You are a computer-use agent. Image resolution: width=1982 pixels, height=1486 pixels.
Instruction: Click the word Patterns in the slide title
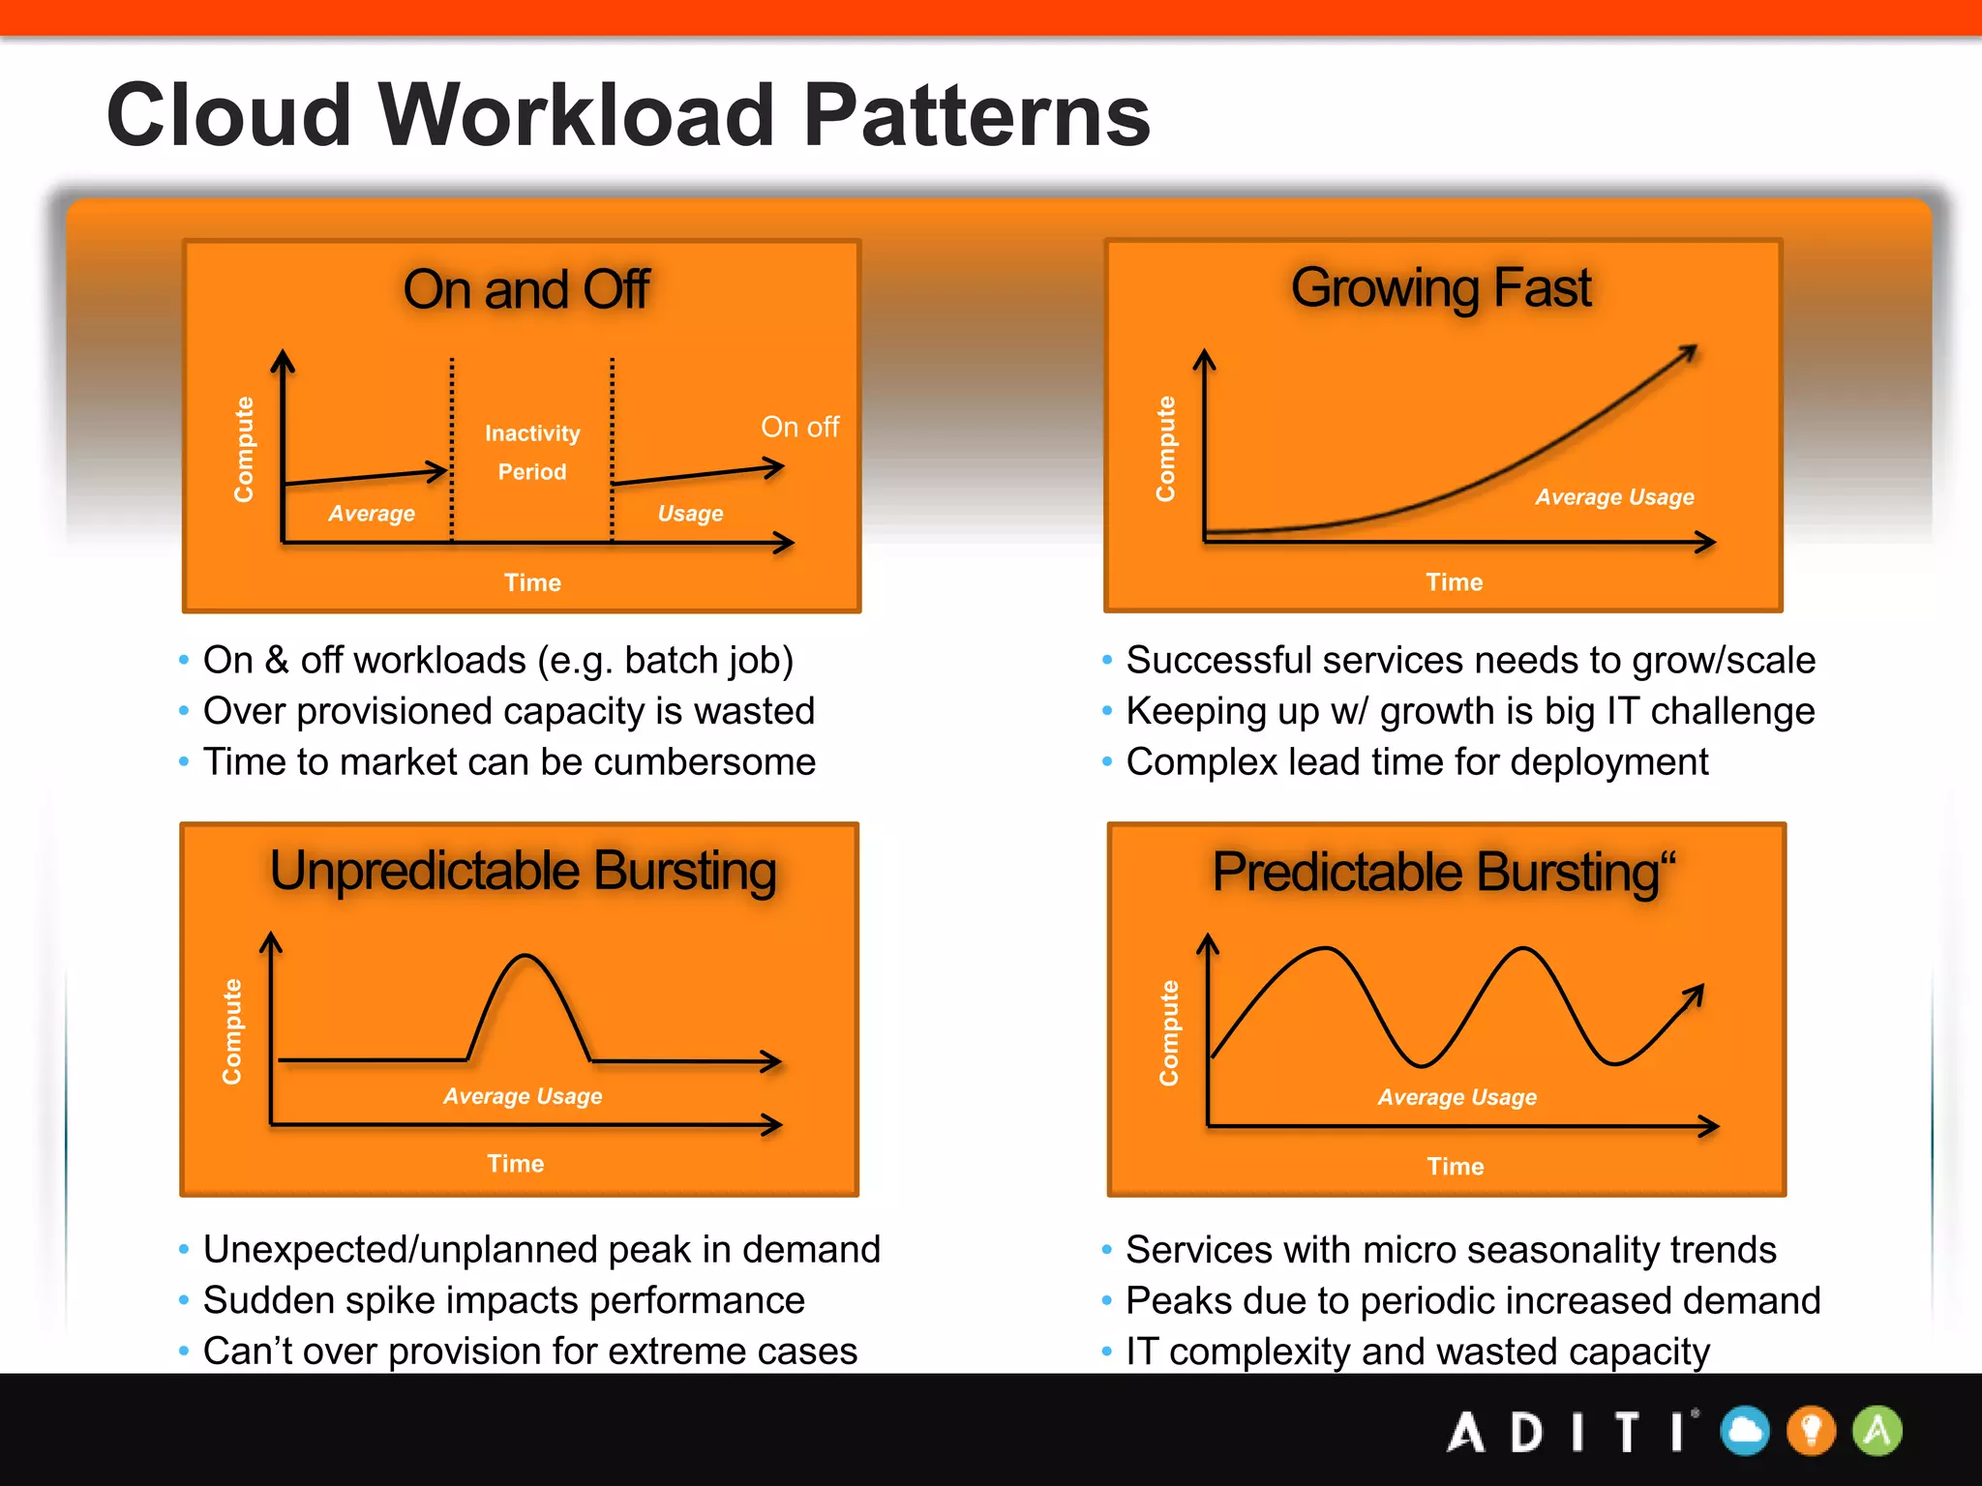click(x=976, y=116)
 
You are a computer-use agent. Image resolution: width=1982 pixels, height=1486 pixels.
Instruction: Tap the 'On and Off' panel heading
click(x=526, y=289)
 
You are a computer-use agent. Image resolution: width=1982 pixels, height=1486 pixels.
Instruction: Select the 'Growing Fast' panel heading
click(x=1441, y=287)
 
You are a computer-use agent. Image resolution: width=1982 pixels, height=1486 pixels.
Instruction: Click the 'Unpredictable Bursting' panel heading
click(x=523, y=871)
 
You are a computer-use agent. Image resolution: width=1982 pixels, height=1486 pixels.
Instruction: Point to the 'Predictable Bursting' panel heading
click(x=1443, y=873)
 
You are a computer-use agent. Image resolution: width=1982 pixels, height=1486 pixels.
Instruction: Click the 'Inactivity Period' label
click(x=532, y=452)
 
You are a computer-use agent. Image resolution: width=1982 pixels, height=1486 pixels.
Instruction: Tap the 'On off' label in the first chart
click(x=799, y=427)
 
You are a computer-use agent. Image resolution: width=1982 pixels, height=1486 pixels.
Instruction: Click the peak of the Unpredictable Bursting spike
click(x=526, y=957)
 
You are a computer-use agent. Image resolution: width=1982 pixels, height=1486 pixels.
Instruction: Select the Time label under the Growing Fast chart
click(x=1454, y=582)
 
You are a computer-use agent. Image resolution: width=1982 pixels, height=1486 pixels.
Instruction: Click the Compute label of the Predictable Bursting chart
click(x=1169, y=1032)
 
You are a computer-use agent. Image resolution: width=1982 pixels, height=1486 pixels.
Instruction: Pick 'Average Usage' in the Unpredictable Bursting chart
click(x=523, y=1096)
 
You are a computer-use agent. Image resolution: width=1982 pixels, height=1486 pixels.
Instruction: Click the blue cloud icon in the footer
click(x=1745, y=1431)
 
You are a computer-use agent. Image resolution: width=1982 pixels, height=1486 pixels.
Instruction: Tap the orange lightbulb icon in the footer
click(x=1812, y=1431)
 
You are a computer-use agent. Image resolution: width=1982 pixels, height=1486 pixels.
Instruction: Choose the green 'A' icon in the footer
click(x=1877, y=1431)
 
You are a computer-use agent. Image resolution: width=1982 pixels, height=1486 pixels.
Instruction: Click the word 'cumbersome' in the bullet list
click(x=705, y=762)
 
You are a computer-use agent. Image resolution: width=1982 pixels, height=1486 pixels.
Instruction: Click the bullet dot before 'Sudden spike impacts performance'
click(x=184, y=1301)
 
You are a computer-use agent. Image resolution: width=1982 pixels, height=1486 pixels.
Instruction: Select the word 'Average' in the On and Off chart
click(x=372, y=514)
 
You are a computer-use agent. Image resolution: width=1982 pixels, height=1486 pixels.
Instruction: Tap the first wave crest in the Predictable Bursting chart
click(x=1324, y=950)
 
